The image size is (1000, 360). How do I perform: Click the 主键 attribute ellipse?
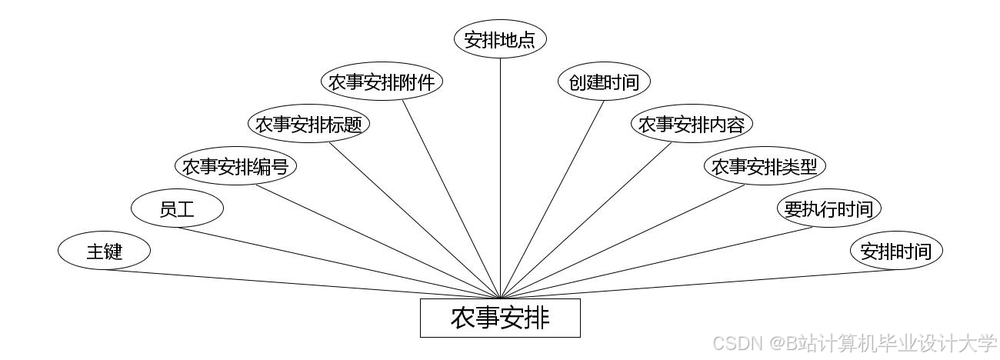[x=104, y=251]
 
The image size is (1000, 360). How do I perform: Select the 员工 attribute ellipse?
[x=177, y=208]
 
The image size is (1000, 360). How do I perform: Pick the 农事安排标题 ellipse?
[x=308, y=125]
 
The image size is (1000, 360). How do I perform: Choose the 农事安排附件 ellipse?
[x=382, y=82]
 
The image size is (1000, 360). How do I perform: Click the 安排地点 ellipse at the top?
[x=500, y=40]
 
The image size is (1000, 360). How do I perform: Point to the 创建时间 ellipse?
[x=604, y=82]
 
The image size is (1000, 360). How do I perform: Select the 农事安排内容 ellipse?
[x=692, y=125]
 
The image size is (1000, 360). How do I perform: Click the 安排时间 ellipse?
[x=895, y=251]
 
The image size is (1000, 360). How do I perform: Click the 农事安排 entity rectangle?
[x=500, y=318]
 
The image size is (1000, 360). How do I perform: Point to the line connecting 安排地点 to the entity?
[x=500, y=177]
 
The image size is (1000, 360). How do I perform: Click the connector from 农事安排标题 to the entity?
[x=415, y=221]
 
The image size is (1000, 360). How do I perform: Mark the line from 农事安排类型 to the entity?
[x=623, y=241]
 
